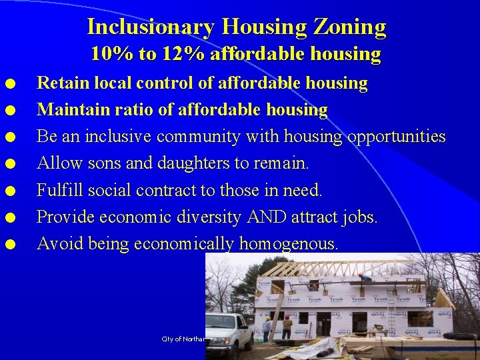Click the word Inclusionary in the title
[x=151, y=27]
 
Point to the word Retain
[x=61, y=83]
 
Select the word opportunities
[x=395, y=137]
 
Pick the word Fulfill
[x=59, y=190]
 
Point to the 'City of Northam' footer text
[x=183, y=339]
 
